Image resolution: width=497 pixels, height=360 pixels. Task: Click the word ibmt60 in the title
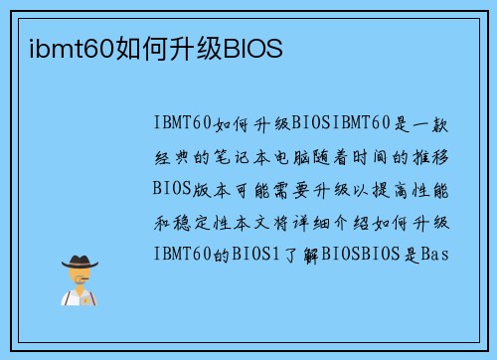click(x=58, y=48)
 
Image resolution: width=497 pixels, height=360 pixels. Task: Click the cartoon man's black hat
click(x=79, y=262)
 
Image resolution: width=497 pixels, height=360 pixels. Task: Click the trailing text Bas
click(x=435, y=253)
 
